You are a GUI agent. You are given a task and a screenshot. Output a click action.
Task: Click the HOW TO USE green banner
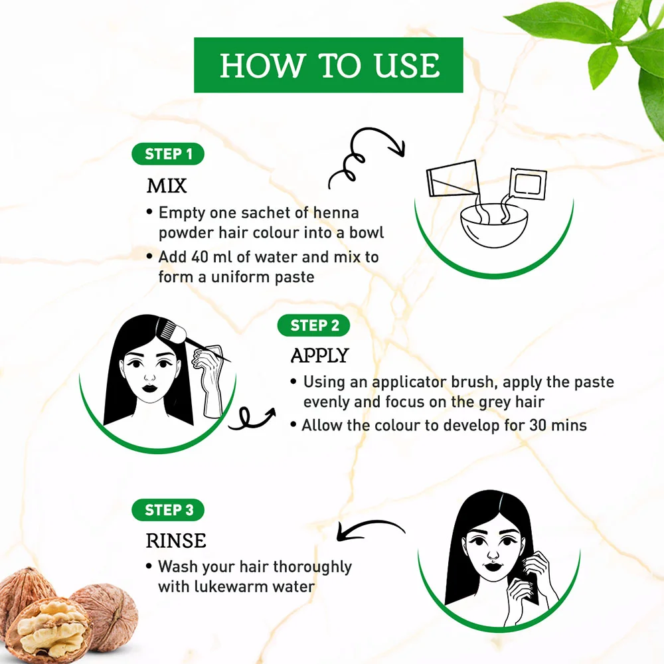pyautogui.click(x=328, y=65)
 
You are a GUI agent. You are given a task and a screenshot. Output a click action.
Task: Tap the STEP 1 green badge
pyautogui.click(x=168, y=154)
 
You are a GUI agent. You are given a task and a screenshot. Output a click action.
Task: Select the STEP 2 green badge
pyautogui.click(x=314, y=325)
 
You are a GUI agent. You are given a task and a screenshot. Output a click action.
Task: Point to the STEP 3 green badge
pyautogui.click(x=168, y=510)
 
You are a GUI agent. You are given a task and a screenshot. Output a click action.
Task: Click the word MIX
pyautogui.click(x=167, y=186)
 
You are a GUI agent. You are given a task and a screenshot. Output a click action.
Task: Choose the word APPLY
pyautogui.click(x=320, y=355)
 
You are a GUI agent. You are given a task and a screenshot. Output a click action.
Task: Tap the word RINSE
pyautogui.click(x=176, y=540)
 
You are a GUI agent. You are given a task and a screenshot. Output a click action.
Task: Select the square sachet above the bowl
pyautogui.click(x=528, y=184)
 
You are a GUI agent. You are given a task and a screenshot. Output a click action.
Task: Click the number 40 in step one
pyautogui.click(x=199, y=256)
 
